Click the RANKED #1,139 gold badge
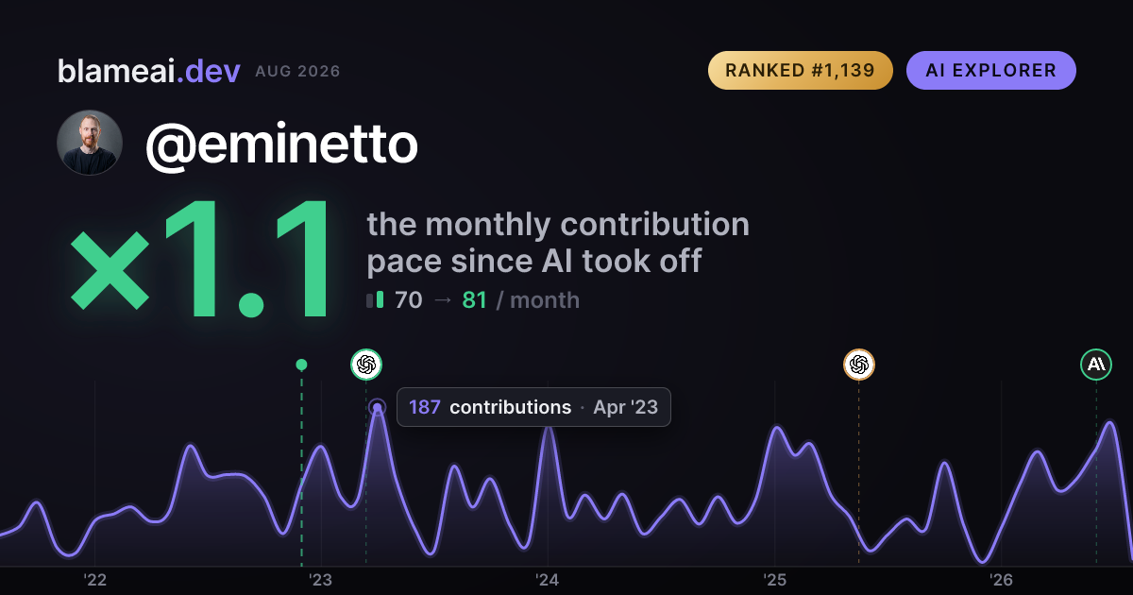(x=801, y=70)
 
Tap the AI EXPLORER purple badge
(x=990, y=70)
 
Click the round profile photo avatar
(x=90, y=143)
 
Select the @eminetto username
(x=281, y=144)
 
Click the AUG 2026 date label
(x=297, y=72)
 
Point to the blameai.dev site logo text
(x=149, y=71)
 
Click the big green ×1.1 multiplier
(x=200, y=258)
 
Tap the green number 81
(x=474, y=300)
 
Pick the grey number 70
(x=408, y=300)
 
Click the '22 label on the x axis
(x=94, y=580)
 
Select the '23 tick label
(x=321, y=580)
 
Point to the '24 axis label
(x=548, y=580)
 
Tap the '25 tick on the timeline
(x=774, y=580)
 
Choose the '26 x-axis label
(x=1001, y=580)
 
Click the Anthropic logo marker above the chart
(x=1096, y=365)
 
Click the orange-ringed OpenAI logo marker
(x=859, y=365)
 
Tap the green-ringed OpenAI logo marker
(x=366, y=365)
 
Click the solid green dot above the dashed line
(x=301, y=365)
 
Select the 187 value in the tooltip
(x=424, y=407)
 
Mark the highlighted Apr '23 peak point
(x=378, y=407)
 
